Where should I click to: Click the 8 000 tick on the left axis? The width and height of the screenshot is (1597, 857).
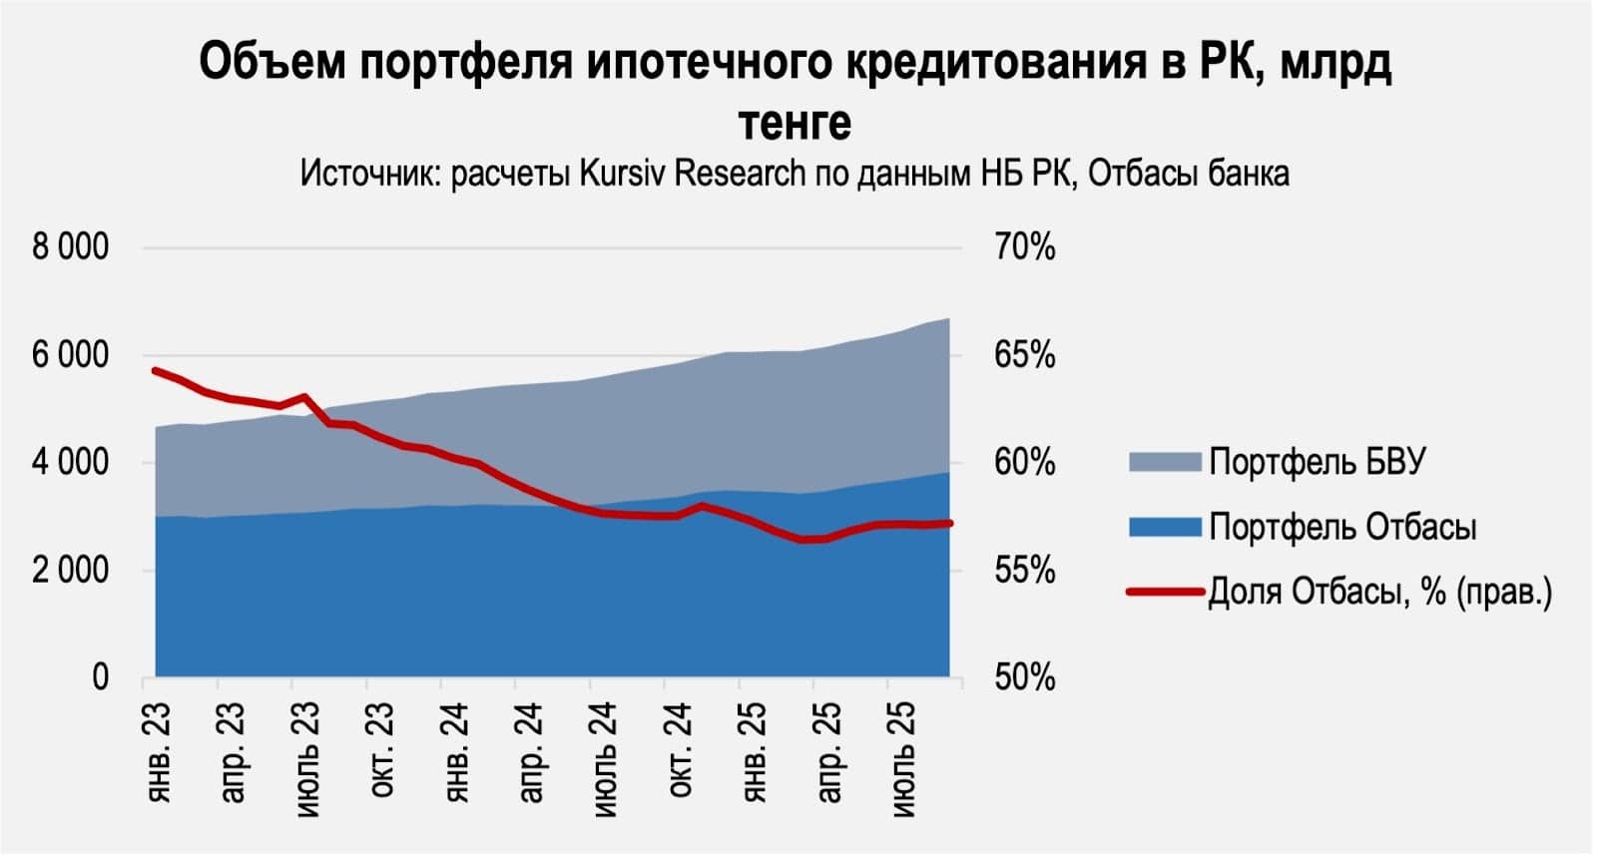[x=70, y=246]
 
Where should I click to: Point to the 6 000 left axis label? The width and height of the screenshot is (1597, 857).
[x=70, y=355]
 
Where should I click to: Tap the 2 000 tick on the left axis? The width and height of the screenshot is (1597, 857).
[x=70, y=571]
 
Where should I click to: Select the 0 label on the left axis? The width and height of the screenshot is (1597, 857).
[x=100, y=678]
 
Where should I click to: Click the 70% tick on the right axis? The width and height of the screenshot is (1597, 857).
[x=1024, y=246]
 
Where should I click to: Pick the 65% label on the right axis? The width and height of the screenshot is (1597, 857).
[x=1024, y=355]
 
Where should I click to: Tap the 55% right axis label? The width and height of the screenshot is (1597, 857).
[x=1024, y=571]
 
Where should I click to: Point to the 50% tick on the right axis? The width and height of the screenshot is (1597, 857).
[x=1024, y=678]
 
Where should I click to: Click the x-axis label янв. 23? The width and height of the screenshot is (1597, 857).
[x=158, y=752]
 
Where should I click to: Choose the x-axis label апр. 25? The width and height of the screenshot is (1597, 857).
[x=828, y=752]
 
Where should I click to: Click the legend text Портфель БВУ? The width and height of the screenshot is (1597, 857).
[x=1318, y=462]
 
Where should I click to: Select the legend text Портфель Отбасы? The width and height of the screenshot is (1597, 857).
[x=1342, y=527]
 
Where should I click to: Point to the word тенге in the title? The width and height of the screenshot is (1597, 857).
[x=795, y=123]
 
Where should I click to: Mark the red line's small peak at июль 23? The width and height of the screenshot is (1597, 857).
[x=304, y=397]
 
